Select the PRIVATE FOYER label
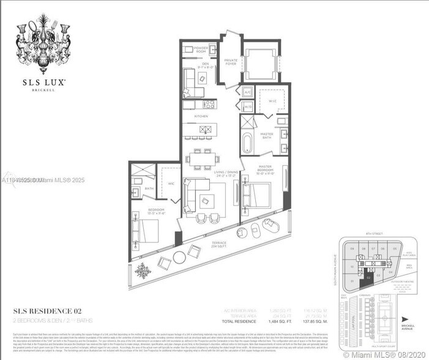231,61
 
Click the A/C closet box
247,92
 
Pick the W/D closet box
247,106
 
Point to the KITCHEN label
201,116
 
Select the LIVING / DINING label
225,173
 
